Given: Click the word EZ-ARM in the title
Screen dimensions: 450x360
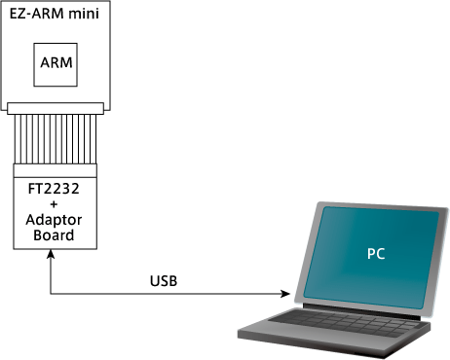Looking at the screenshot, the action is click(37, 14).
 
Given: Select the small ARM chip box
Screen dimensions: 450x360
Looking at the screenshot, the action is click(56, 65).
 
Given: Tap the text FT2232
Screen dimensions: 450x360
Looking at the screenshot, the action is click(54, 189).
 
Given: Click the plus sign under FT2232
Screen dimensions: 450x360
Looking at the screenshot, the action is click(54, 204).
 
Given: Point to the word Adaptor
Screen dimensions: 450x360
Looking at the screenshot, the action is click(54, 220).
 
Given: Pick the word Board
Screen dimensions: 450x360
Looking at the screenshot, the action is click(54, 235).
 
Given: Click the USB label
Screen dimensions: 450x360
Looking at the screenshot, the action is click(164, 281).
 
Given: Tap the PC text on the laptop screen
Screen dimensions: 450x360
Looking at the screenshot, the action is click(376, 254).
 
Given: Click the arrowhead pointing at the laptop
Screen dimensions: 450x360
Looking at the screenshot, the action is click(285, 294).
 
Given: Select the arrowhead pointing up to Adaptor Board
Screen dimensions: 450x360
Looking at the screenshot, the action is click(51, 254).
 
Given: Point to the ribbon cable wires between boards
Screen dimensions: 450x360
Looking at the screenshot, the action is click(56, 139).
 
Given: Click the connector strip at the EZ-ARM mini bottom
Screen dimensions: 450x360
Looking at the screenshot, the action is click(56, 109).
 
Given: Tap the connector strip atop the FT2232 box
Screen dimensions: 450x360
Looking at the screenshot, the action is click(56, 170).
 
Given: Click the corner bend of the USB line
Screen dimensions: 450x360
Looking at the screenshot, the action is click(51, 294).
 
